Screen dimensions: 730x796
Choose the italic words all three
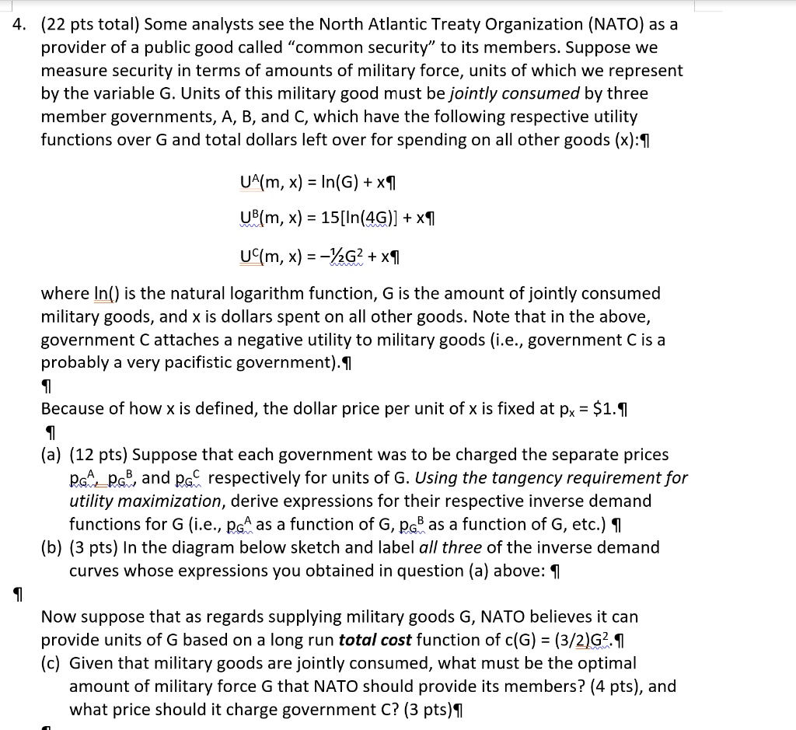click(x=450, y=547)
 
